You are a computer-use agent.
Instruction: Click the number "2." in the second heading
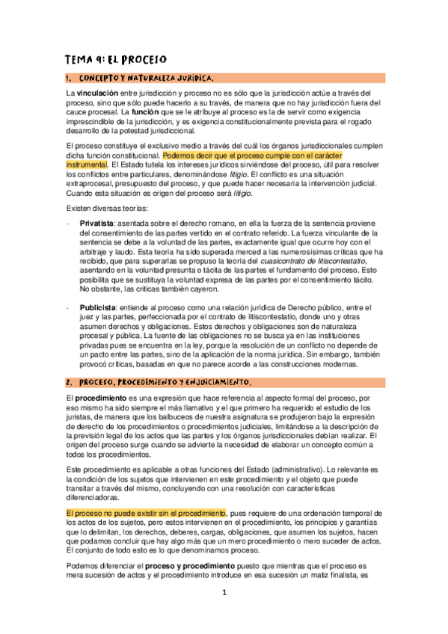pos(68,383)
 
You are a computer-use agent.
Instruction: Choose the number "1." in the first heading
pos(68,78)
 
